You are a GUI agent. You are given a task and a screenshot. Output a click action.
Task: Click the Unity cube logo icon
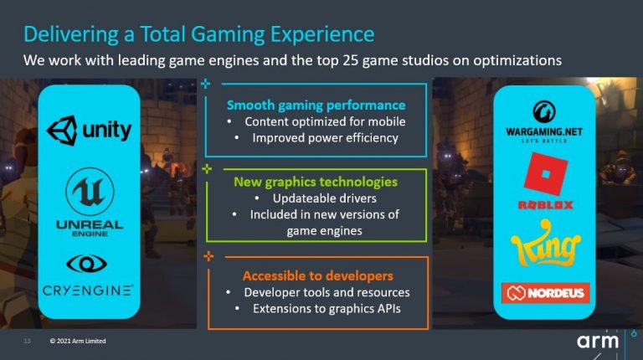[62, 131]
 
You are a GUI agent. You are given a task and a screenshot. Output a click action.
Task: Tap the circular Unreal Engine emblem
[90, 192]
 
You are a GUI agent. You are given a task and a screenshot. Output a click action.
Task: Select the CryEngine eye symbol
[86, 264]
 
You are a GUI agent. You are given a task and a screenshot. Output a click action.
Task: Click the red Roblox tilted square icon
[546, 174]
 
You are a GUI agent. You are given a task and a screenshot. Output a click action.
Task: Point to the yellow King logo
[546, 243]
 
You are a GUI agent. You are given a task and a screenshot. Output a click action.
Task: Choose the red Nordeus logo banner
[545, 293]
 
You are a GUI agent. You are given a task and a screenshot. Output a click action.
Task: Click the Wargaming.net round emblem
[544, 112]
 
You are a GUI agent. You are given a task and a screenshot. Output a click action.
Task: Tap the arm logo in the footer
[598, 341]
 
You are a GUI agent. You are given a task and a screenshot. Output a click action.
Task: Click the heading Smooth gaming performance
[316, 105]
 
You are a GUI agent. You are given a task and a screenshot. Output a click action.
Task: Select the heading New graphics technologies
[316, 182]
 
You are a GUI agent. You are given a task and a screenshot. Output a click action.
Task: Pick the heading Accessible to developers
[318, 276]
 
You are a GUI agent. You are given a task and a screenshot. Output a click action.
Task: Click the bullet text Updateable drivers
[324, 198]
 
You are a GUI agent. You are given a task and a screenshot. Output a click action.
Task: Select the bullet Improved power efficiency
[325, 138]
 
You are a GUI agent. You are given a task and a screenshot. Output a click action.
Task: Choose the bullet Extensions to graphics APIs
[327, 309]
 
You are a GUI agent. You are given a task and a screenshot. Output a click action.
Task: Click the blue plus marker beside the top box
[205, 84]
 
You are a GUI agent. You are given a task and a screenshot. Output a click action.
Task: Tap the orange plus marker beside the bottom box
[208, 257]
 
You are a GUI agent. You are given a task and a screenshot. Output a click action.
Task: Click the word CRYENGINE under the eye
[88, 291]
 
